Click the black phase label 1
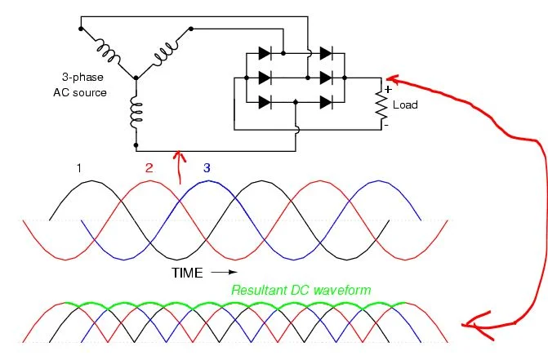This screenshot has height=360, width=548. (79, 168)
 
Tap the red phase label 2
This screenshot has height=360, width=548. (149, 168)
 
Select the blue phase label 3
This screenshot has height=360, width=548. (207, 168)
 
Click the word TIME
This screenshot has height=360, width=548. (187, 273)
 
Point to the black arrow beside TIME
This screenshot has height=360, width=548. (224, 273)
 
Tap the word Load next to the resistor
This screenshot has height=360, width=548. (405, 104)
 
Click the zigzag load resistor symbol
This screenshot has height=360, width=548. (381, 104)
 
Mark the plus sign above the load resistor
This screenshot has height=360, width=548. (388, 90)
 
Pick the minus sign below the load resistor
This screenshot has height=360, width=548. (386, 125)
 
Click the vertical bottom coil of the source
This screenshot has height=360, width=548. (136, 112)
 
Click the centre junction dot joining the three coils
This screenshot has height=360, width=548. (136, 78)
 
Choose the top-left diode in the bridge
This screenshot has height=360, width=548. (265, 53)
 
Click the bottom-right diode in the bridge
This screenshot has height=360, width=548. (327, 103)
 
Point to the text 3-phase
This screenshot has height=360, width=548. (82, 78)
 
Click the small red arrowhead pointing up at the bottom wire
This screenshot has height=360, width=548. (180, 156)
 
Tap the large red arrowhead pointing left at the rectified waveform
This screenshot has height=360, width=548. (477, 326)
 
